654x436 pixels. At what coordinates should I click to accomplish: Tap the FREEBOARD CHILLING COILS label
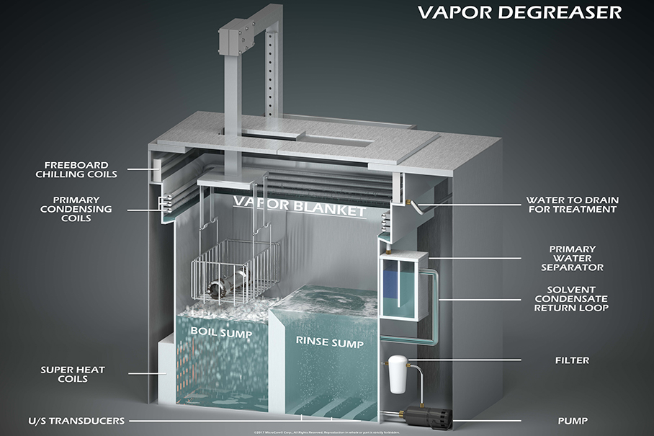[80, 169]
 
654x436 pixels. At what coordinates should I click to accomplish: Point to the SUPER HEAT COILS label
[73, 375]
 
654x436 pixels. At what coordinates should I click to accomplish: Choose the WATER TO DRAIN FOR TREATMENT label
[572, 205]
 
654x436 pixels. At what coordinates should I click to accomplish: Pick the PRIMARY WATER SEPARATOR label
[572, 259]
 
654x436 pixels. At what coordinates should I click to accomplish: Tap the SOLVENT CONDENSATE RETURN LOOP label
[572, 298]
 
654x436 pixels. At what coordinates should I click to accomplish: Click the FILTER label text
[573, 360]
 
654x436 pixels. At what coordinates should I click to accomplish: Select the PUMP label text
[573, 420]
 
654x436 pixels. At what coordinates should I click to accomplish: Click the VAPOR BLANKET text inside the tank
[299, 207]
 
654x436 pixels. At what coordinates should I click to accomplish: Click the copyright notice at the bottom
[326, 432]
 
